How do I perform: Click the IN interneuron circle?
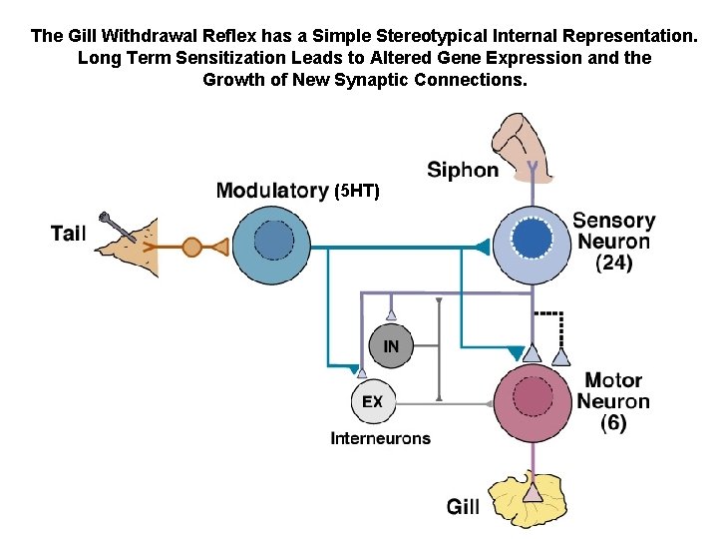pos(390,346)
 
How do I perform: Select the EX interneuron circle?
pos(371,401)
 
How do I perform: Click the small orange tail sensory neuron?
pos(191,245)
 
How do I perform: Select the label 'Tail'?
pos(68,234)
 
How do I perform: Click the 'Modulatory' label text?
pos(272,190)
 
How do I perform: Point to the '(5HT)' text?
pos(357,191)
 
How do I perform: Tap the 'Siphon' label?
pos(462,170)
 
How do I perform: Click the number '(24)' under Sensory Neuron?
pos(613,264)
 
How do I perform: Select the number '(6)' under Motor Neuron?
pos(613,423)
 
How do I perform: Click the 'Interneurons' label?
pos(380,438)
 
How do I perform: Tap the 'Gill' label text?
pos(463,507)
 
